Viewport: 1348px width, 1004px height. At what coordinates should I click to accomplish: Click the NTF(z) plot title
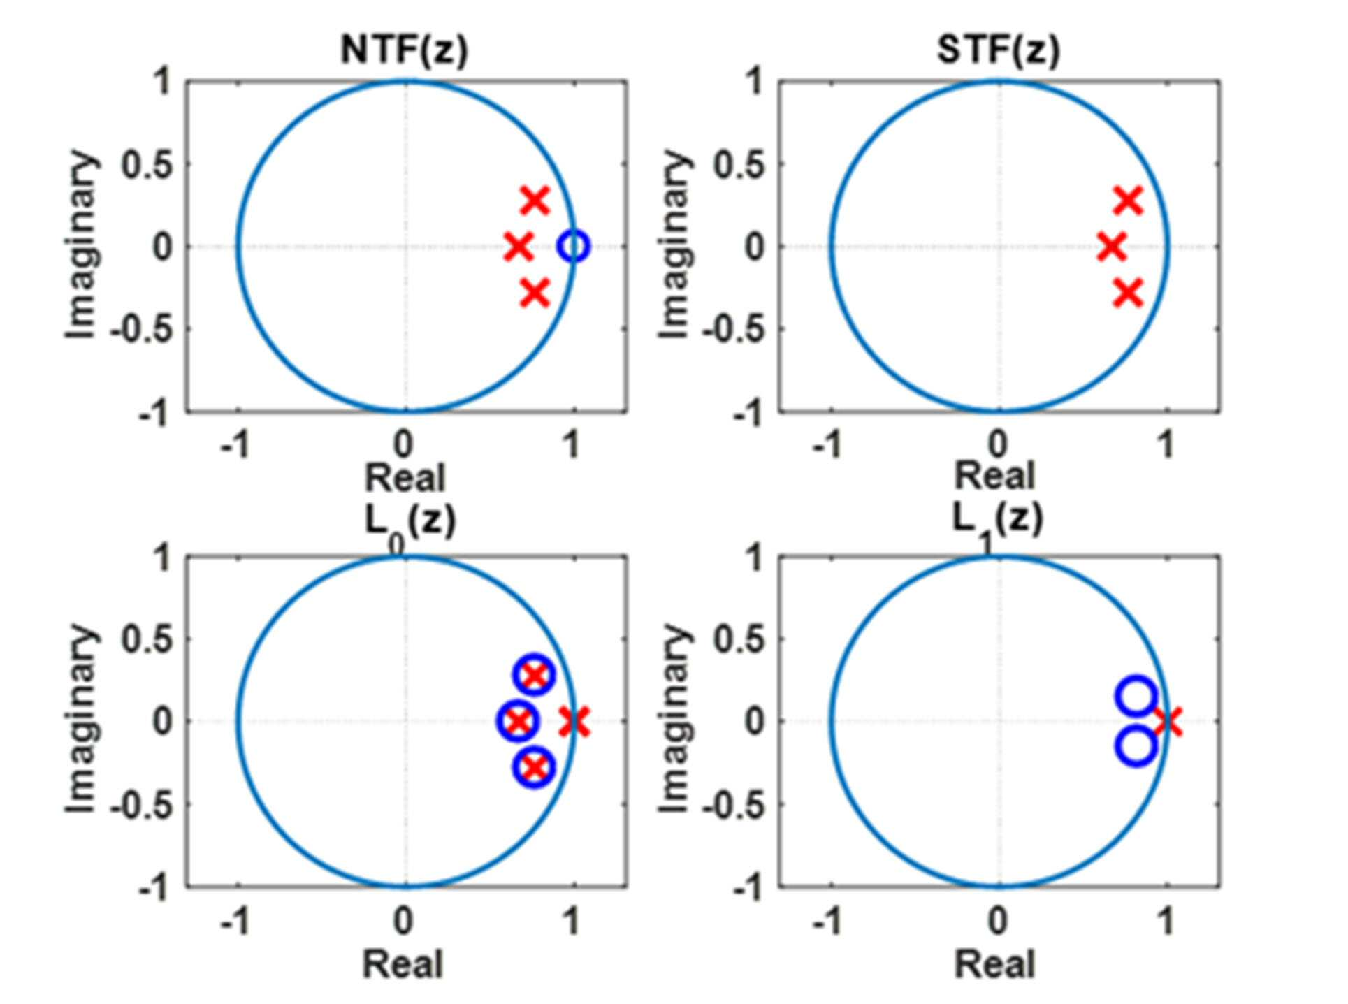coord(404,50)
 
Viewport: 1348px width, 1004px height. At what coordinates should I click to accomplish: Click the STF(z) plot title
coord(998,50)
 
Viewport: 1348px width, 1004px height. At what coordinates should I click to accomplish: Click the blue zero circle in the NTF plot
coord(574,246)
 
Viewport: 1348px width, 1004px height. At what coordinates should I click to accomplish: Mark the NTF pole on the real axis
coord(519,247)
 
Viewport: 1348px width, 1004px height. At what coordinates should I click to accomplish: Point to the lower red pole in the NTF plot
coord(535,293)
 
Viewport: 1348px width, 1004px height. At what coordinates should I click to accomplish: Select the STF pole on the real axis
coord(1111,247)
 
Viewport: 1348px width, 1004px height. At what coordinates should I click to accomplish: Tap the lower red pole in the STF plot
coord(1128,293)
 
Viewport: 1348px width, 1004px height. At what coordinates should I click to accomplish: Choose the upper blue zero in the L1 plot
coord(1136,697)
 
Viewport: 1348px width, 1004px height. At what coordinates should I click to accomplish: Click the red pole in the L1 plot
coord(1168,722)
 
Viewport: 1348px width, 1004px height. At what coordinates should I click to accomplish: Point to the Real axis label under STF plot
coord(994,476)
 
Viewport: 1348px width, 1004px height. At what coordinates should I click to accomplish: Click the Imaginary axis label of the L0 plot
coord(82,720)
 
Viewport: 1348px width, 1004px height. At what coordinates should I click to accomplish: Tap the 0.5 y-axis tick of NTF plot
coord(147,166)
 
